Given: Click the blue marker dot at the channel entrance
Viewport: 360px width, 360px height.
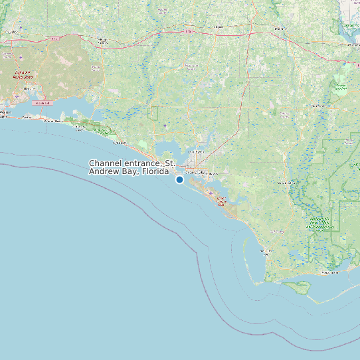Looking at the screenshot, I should (179, 179).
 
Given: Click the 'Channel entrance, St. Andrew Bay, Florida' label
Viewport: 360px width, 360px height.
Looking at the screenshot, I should (132, 167).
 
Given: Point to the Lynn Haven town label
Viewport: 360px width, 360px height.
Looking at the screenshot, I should (196, 152).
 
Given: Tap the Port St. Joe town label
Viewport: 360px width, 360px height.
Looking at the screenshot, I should (266, 251).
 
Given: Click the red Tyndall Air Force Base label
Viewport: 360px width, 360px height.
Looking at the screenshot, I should (220, 201).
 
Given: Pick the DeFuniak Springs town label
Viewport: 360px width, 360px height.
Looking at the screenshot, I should (103, 41).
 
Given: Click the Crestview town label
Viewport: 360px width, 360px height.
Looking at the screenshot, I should (13, 31).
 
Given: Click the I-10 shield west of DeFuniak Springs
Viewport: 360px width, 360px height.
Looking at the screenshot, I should (54, 39).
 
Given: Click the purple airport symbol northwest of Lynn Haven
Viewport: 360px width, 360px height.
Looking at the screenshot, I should (165, 125).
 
